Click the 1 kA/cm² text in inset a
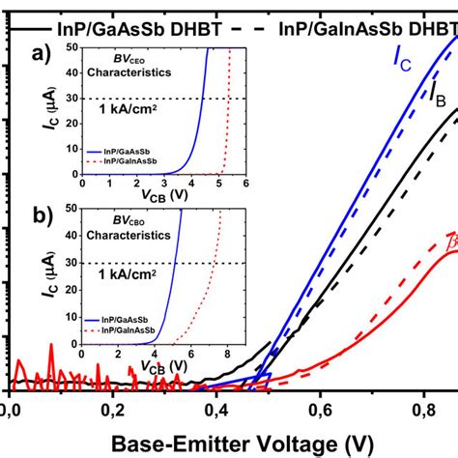click(130, 110)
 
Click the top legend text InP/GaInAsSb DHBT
click(367, 28)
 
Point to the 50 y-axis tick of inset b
click(72, 207)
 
